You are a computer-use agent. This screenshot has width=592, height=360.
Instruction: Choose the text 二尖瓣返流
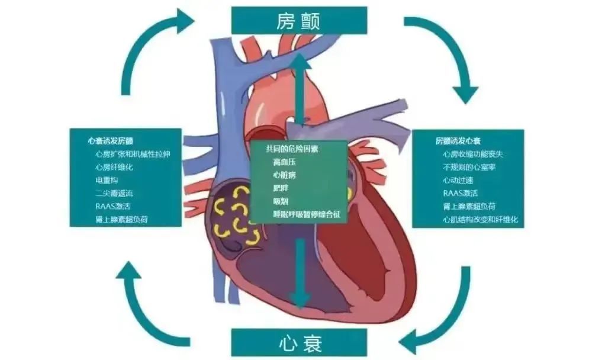(114, 193)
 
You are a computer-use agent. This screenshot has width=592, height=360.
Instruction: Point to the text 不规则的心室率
(469, 167)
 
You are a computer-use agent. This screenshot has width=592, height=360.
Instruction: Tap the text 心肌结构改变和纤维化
(480, 219)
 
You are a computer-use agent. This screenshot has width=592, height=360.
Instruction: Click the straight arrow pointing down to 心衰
(301, 272)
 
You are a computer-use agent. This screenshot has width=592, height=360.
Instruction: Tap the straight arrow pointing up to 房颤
(301, 89)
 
